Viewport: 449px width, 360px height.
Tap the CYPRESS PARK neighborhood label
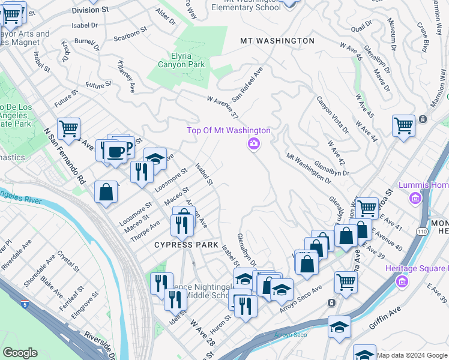[x=186, y=245]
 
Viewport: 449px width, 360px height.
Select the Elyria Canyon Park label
[x=181, y=60]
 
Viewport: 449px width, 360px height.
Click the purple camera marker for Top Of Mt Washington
[x=253, y=143]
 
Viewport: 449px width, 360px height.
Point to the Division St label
[x=91, y=11]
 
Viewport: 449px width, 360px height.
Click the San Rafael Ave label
[x=248, y=83]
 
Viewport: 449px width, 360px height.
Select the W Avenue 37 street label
[x=223, y=106]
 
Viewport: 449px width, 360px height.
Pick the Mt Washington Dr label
[x=309, y=167]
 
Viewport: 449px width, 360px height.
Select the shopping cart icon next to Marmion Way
[x=403, y=126]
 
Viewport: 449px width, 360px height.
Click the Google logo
[x=20, y=352]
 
